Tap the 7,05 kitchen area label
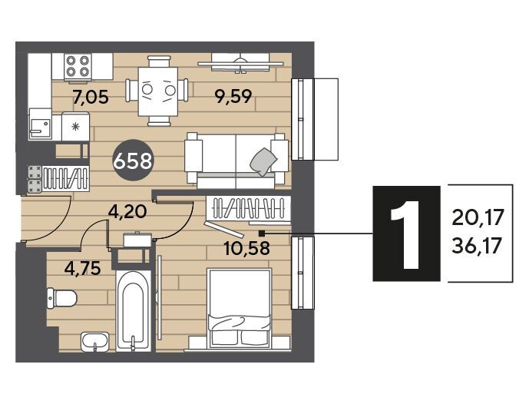click(x=91, y=98)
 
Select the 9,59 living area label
click(x=234, y=97)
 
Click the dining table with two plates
click(x=158, y=91)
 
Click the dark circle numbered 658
click(x=133, y=161)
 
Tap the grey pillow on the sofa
click(x=263, y=161)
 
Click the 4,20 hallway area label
click(x=127, y=212)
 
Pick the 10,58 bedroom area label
click(x=247, y=248)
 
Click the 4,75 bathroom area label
click(x=83, y=268)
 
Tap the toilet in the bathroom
click(x=61, y=298)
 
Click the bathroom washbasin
click(x=95, y=342)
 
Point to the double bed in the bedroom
click(x=240, y=308)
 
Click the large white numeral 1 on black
click(x=406, y=233)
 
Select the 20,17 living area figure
click(x=478, y=217)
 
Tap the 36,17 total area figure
click(x=478, y=245)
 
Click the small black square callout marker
click(x=261, y=233)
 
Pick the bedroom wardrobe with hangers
click(x=248, y=208)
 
